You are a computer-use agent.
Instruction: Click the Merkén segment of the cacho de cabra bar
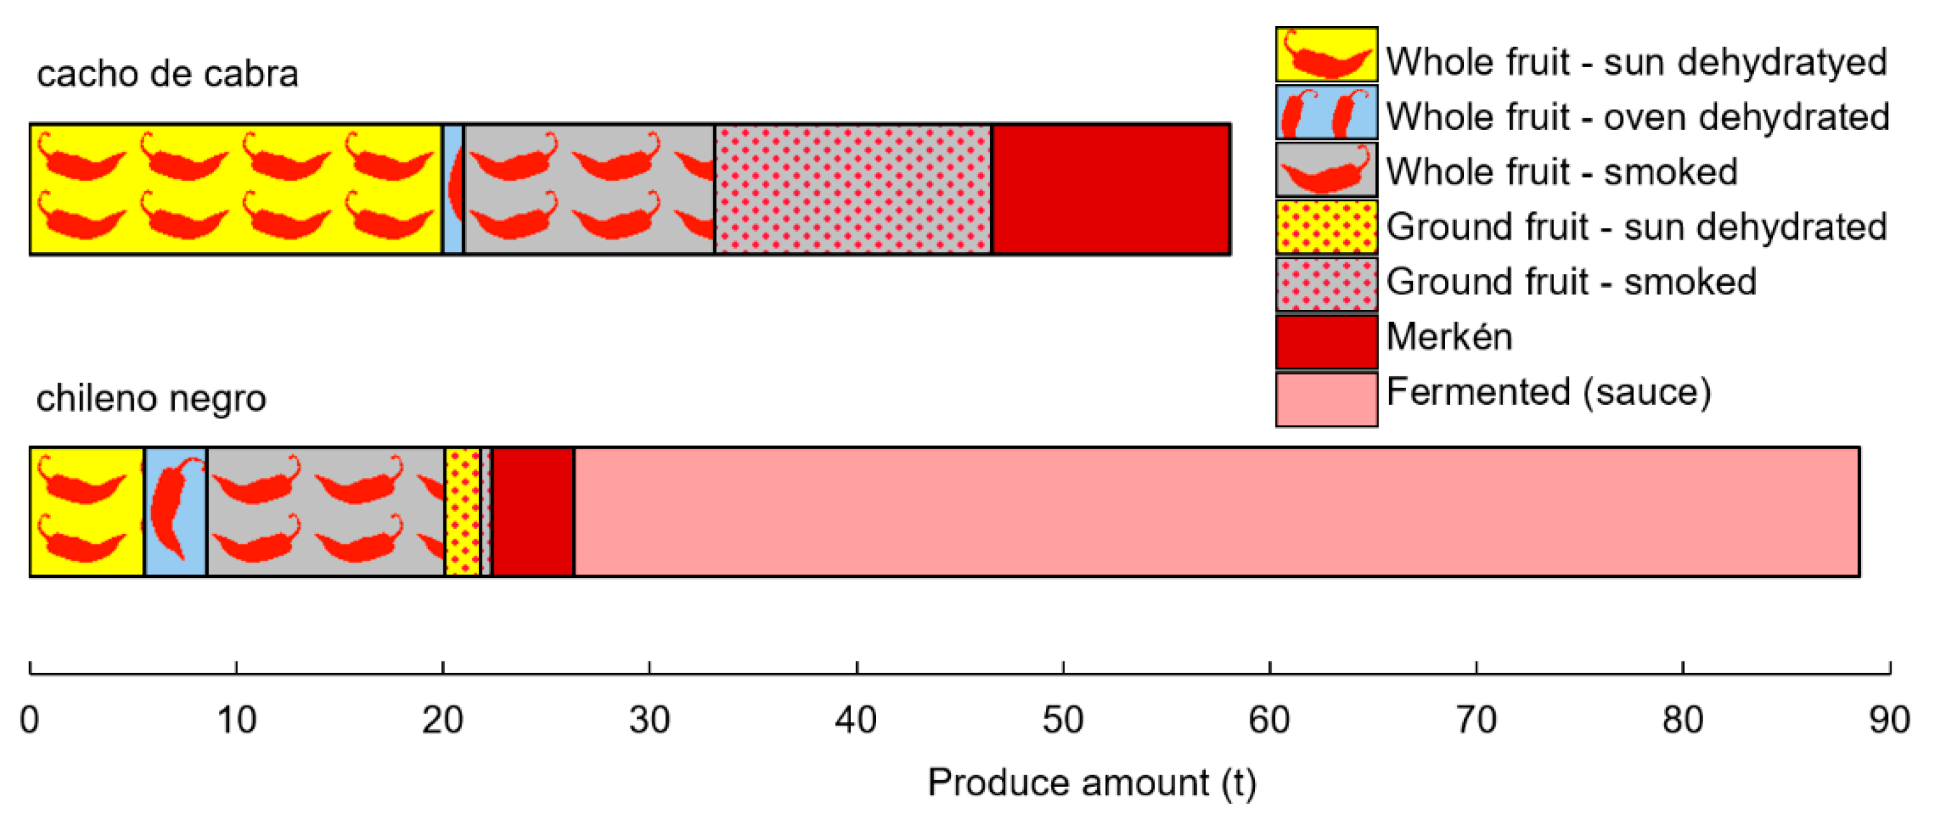pyautogui.click(x=1111, y=190)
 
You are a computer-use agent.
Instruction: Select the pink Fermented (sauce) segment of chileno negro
pyautogui.click(x=1216, y=512)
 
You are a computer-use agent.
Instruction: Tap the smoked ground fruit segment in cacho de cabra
pyautogui.click(x=853, y=190)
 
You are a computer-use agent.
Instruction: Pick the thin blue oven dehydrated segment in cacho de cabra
pyautogui.click(x=453, y=190)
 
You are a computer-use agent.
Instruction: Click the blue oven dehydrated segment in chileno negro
pyautogui.click(x=175, y=512)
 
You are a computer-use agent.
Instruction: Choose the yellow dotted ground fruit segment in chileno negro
pyautogui.click(x=461, y=512)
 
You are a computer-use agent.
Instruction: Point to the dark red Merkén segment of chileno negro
pyautogui.click(x=533, y=512)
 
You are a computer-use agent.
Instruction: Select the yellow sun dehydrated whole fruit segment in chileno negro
pyautogui.click(x=86, y=512)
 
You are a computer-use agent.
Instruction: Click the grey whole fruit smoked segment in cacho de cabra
pyautogui.click(x=589, y=190)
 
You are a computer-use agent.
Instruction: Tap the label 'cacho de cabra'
pyautogui.click(x=168, y=73)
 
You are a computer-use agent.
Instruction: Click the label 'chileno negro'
pyautogui.click(x=151, y=398)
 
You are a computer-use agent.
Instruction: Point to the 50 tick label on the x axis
pyautogui.click(x=1063, y=720)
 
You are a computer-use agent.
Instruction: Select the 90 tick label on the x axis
pyautogui.click(x=1889, y=720)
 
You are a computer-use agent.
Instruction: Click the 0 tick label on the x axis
pyautogui.click(x=29, y=720)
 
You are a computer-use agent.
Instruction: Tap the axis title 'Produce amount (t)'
pyautogui.click(x=1092, y=783)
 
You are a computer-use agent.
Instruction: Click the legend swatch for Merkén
pyautogui.click(x=1326, y=342)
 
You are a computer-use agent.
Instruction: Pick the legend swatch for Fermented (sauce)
pyautogui.click(x=1326, y=399)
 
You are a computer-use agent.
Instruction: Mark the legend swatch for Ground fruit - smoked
pyautogui.click(x=1326, y=284)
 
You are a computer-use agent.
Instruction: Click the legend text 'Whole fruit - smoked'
pyautogui.click(x=1562, y=172)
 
